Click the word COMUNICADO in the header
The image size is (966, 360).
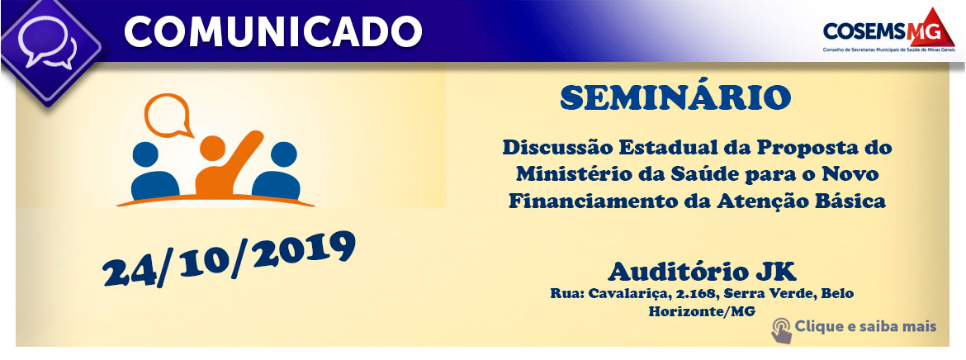pyautogui.click(x=273, y=31)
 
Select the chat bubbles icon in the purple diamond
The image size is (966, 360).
pyautogui.click(x=47, y=42)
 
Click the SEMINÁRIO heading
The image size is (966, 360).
pyautogui.click(x=675, y=98)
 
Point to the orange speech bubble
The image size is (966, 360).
pyautogui.click(x=167, y=116)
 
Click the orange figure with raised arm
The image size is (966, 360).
pyautogui.click(x=226, y=164)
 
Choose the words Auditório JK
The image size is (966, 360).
pyautogui.click(x=702, y=271)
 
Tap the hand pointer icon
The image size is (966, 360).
pyautogui.click(x=781, y=329)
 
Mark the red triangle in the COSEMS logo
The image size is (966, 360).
pyautogui.click(x=935, y=29)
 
